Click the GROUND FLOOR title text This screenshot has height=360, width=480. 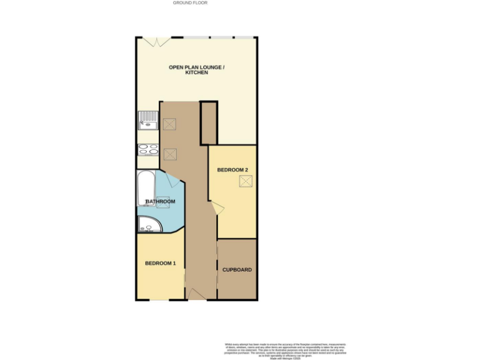(x=190, y=3)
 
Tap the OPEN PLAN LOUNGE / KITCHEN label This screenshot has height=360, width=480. (x=196, y=70)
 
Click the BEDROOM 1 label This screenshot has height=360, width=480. (x=160, y=263)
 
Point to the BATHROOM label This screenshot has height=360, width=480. (x=160, y=202)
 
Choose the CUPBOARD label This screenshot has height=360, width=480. (x=237, y=270)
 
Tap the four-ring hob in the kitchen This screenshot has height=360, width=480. (x=148, y=149)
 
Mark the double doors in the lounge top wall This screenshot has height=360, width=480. (x=154, y=41)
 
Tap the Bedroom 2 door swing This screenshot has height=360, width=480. (x=216, y=208)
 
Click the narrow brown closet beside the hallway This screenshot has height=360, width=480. (x=207, y=123)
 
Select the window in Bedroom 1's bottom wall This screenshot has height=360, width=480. (x=159, y=299)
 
